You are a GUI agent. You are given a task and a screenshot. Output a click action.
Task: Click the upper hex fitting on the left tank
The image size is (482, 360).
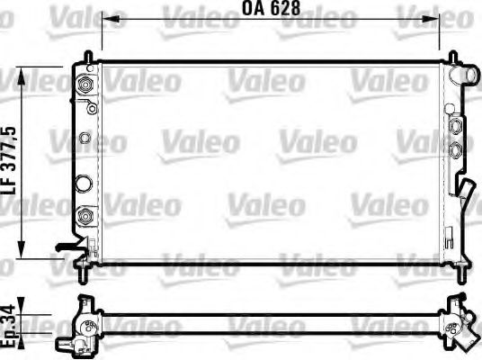coord(85,85)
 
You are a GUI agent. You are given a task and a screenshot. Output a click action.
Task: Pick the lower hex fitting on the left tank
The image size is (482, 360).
coord(85,217)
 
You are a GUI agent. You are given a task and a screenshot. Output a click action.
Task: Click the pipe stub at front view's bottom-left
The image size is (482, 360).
coord(65,245)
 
